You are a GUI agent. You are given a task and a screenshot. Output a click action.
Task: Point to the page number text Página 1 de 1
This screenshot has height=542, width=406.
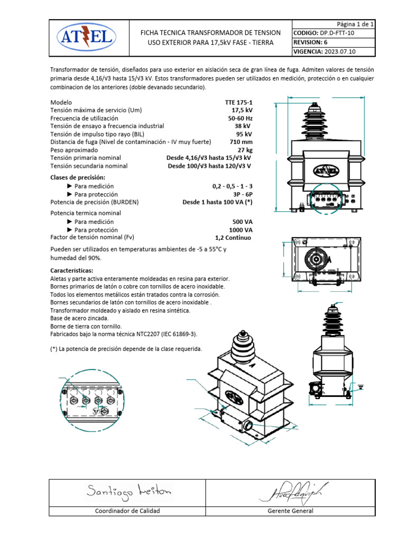tap(355, 24)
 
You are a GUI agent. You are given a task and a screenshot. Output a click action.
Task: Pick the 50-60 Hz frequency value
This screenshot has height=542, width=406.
tap(240, 118)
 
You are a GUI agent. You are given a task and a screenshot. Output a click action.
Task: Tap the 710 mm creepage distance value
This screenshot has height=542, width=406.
tap(241, 142)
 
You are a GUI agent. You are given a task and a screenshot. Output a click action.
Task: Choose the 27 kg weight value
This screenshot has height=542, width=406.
tap(246, 150)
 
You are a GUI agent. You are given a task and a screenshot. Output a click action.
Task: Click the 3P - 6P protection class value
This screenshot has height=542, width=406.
tap(243, 194)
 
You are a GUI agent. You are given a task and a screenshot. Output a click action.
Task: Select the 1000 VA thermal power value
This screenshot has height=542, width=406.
tap(241, 230)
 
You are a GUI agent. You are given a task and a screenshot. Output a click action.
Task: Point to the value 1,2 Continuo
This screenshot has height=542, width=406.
tap(234, 238)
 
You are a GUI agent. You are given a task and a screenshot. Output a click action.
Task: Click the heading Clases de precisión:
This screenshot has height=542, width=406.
tap(78, 177)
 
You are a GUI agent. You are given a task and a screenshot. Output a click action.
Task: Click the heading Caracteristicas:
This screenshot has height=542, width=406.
tap(71, 270)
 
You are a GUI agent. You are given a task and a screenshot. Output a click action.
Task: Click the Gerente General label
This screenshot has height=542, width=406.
tap(290, 511)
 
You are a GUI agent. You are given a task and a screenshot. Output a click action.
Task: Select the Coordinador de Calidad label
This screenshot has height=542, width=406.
tap(127, 511)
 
